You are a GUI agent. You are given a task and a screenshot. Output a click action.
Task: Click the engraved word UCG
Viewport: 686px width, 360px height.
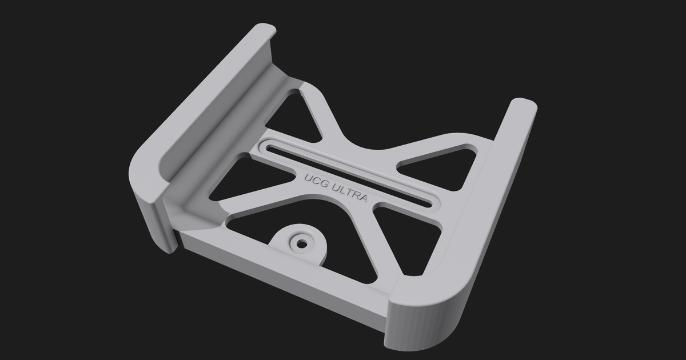(x=314, y=178)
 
